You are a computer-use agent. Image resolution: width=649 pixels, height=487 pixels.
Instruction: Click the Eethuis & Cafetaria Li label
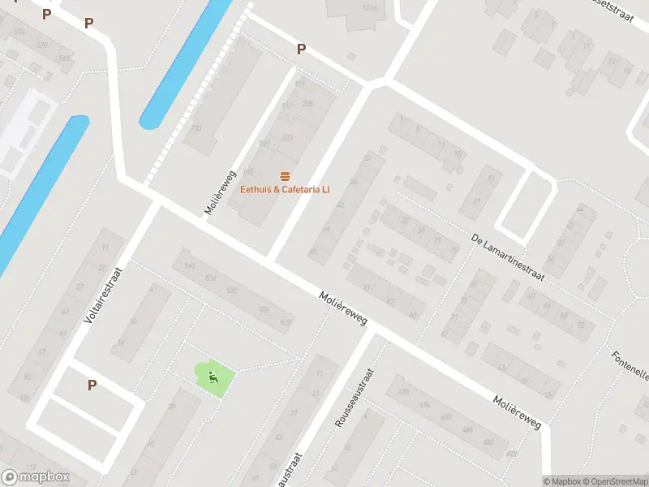[x=285, y=190]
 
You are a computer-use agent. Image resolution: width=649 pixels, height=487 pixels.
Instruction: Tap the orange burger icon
[x=285, y=177]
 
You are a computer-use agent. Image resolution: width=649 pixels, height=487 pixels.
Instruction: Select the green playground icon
[x=213, y=376]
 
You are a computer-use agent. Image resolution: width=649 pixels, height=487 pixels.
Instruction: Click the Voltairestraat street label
[x=102, y=296]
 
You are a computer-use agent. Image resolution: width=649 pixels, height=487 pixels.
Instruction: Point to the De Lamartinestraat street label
[x=509, y=256]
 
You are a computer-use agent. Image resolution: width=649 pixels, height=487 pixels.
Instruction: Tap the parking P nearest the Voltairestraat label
[x=92, y=386]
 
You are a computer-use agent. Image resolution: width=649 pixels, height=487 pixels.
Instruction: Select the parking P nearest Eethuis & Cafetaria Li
[x=301, y=50]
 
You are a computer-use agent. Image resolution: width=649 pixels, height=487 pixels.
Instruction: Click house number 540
[x=190, y=266]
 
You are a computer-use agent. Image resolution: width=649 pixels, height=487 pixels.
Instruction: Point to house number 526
[x=264, y=310]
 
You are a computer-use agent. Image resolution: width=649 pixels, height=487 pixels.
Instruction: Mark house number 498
[x=402, y=391]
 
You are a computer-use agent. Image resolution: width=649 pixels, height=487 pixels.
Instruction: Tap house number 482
[x=488, y=442]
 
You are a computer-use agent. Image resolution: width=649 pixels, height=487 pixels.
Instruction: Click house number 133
[x=196, y=127]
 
